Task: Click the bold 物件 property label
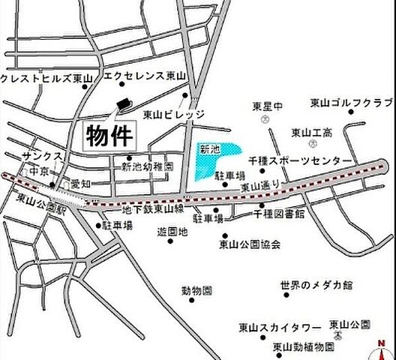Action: pos(109,136)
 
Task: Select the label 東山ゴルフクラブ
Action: pos(350,103)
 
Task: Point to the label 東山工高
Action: pos(310,132)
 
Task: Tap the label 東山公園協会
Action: pos(250,244)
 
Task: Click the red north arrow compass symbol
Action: pos(382,348)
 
